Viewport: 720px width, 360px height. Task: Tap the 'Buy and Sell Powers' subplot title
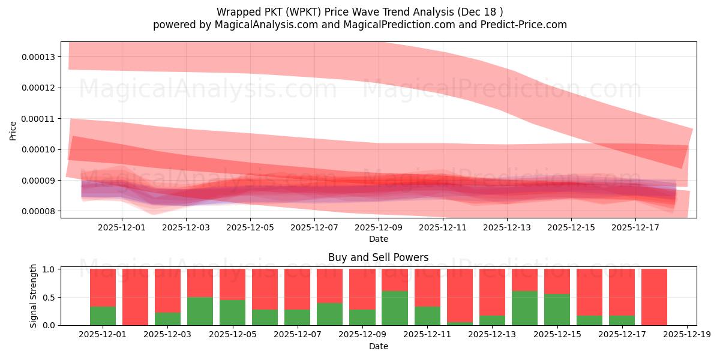[378, 257]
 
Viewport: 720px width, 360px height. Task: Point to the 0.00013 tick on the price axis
[38, 57]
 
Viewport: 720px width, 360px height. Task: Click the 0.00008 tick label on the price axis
[38, 211]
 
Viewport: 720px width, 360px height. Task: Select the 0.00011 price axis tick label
[38, 119]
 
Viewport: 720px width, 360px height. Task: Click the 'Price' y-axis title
[13, 130]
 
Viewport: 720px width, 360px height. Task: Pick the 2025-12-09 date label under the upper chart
[379, 228]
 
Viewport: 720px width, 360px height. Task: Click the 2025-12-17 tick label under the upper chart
[635, 228]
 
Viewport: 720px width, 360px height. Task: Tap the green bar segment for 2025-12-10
[395, 308]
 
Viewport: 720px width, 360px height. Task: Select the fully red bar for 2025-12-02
[135, 297]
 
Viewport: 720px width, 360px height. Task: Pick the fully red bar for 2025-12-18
[654, 297]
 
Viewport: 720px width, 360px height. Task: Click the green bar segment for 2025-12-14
[524, 308]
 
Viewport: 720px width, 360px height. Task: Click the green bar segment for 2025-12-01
[103, 316]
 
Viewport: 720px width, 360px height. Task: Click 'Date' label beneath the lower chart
[378, 346]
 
